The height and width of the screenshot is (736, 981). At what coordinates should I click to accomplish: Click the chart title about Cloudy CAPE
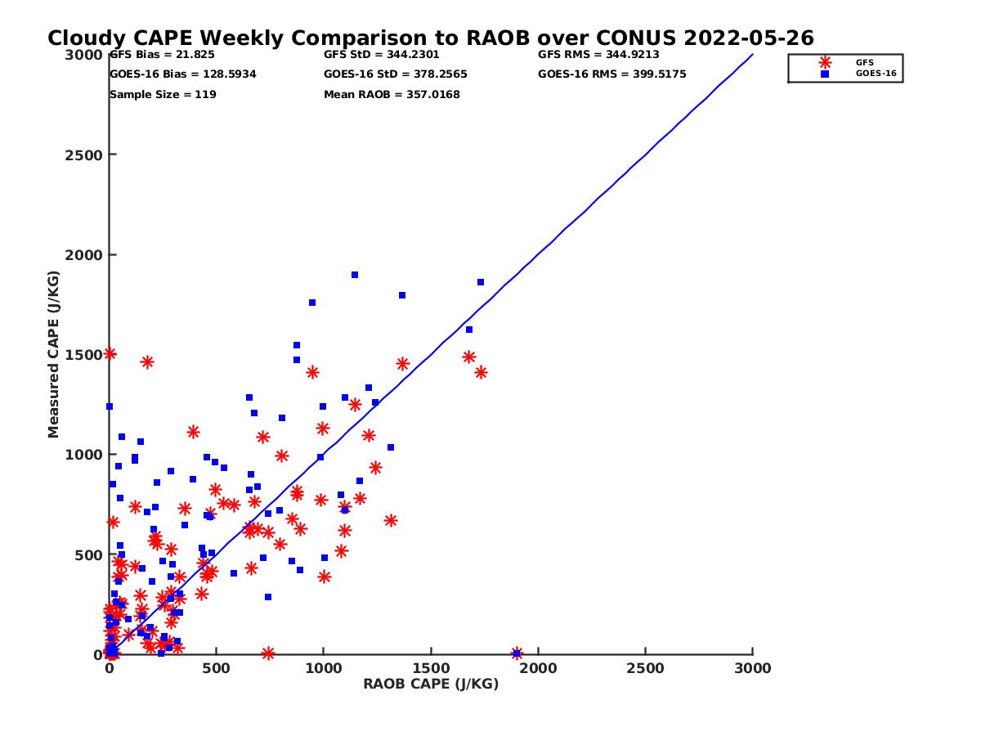(x=430, y=38)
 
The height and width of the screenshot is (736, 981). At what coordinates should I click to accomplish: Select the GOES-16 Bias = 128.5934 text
(x=182, y=74)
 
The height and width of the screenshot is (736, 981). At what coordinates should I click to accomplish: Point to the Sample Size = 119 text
(x=163, y=95)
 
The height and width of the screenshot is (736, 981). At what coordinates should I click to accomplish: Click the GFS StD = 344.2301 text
(x=381, y=55)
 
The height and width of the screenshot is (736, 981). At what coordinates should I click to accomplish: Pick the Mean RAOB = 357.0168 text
(x=392, y=95)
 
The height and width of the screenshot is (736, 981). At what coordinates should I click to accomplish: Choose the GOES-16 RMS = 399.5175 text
(x=611, y=74)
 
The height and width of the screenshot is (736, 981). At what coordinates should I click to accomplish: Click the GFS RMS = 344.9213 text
(x=598, y=55)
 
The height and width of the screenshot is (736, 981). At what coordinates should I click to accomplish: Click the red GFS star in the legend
(x=825, y=62)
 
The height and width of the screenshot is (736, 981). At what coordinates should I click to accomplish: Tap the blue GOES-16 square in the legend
(x=825, y=74)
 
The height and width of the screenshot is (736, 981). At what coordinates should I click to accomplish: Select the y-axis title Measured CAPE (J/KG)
(x=54, y=354)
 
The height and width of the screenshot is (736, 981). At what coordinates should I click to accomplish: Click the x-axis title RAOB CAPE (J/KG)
(x=431, y=684)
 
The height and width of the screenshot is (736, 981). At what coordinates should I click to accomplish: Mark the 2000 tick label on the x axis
(x=538, y=668)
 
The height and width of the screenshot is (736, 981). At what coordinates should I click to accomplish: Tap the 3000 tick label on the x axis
(x=752, y=668)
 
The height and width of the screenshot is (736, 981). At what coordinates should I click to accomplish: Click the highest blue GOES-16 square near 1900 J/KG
(x=355, y=275)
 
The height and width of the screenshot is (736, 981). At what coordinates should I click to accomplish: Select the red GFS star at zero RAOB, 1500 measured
(x=110, y=354)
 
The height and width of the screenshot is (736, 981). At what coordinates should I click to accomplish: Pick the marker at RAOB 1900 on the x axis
(x=517, y=653)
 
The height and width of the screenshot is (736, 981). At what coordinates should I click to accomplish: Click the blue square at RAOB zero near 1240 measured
(x=110, y=406)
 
